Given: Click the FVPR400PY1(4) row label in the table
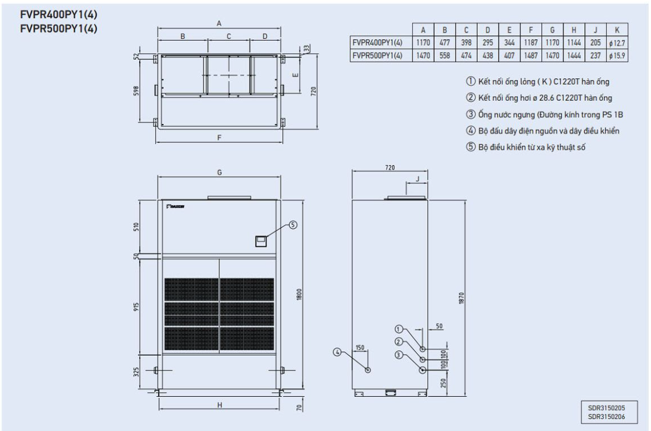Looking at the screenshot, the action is [x=377, y=42].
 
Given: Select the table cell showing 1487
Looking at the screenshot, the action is [x=530, y=55].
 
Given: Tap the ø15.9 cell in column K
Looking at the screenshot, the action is [x=617, y=55].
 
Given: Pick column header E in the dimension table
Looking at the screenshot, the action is [x=509, y=30].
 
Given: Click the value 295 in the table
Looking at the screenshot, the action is [x=488, y=42].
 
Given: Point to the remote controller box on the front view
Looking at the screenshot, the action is [x=261, y=241].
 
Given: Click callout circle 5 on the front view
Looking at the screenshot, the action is [x=293, y=225].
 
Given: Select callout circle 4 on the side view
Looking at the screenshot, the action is [x=337, y=352].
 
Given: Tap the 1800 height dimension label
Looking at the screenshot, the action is [x=299, y=295].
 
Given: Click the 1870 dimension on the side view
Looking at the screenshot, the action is [x=461, y=298].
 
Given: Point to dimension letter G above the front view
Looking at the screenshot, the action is [x=219, y=172].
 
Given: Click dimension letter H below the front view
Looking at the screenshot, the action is [x=219, y=405].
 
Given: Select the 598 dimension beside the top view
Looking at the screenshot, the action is [x=136, y=91].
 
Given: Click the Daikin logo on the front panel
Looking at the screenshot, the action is [x=175, y=206].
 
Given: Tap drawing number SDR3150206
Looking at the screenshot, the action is [x=606, y=417].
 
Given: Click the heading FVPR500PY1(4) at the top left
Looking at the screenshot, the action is [x=59, y=28].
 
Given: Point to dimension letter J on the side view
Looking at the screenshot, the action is [x=417, y=179].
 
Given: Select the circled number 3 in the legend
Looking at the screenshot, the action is [x=470, y=114].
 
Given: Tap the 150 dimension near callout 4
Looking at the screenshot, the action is [x=360, y=348].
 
